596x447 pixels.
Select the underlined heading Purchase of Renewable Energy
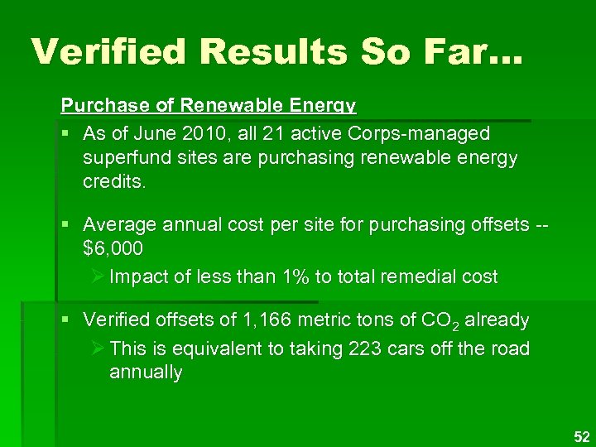coord(208,106)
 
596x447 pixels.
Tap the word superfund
coord(125,157)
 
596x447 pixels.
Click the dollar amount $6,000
coord(113,248)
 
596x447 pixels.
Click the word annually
coord(145,372)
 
